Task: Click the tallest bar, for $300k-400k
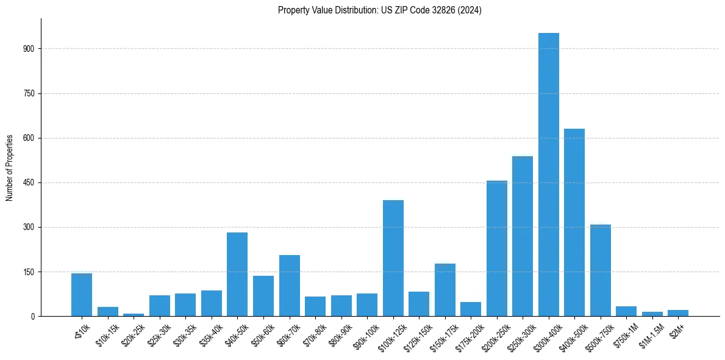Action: pyautogui.click(x=548, y=175)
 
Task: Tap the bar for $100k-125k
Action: pyautogui.click(x=393, y=258)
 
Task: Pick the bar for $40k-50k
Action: pyautogui.click(x=237, y=275)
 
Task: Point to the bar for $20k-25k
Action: pyautogui.click(x=134, y=315)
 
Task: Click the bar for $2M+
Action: pyautogui.click(x=678, y=313)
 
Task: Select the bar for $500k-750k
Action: pyautogui.click(x=600, y=270)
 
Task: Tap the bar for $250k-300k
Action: pyautogui.click(x=523, y=236)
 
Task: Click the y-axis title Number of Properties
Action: pyautogui.click(x=10, y=168)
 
